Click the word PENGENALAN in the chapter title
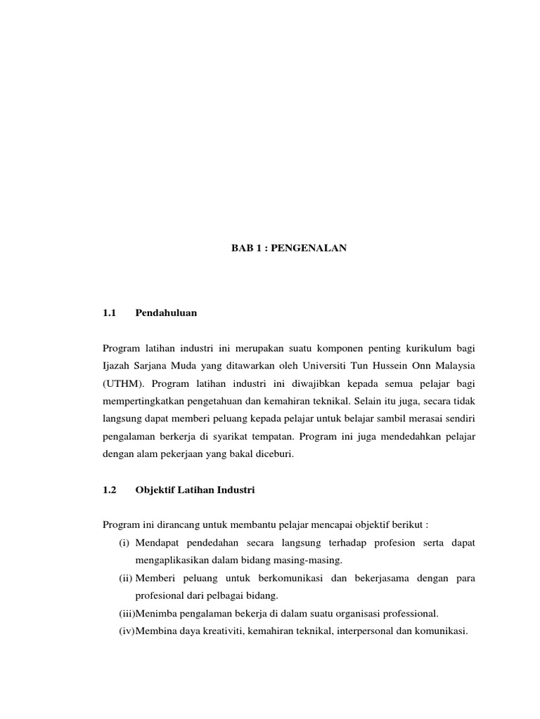point(315,249)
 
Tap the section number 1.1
point(108,313)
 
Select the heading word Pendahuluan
point(166,313)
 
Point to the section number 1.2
point(108,490)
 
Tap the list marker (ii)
point(125,578)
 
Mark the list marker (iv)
point(127,631)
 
